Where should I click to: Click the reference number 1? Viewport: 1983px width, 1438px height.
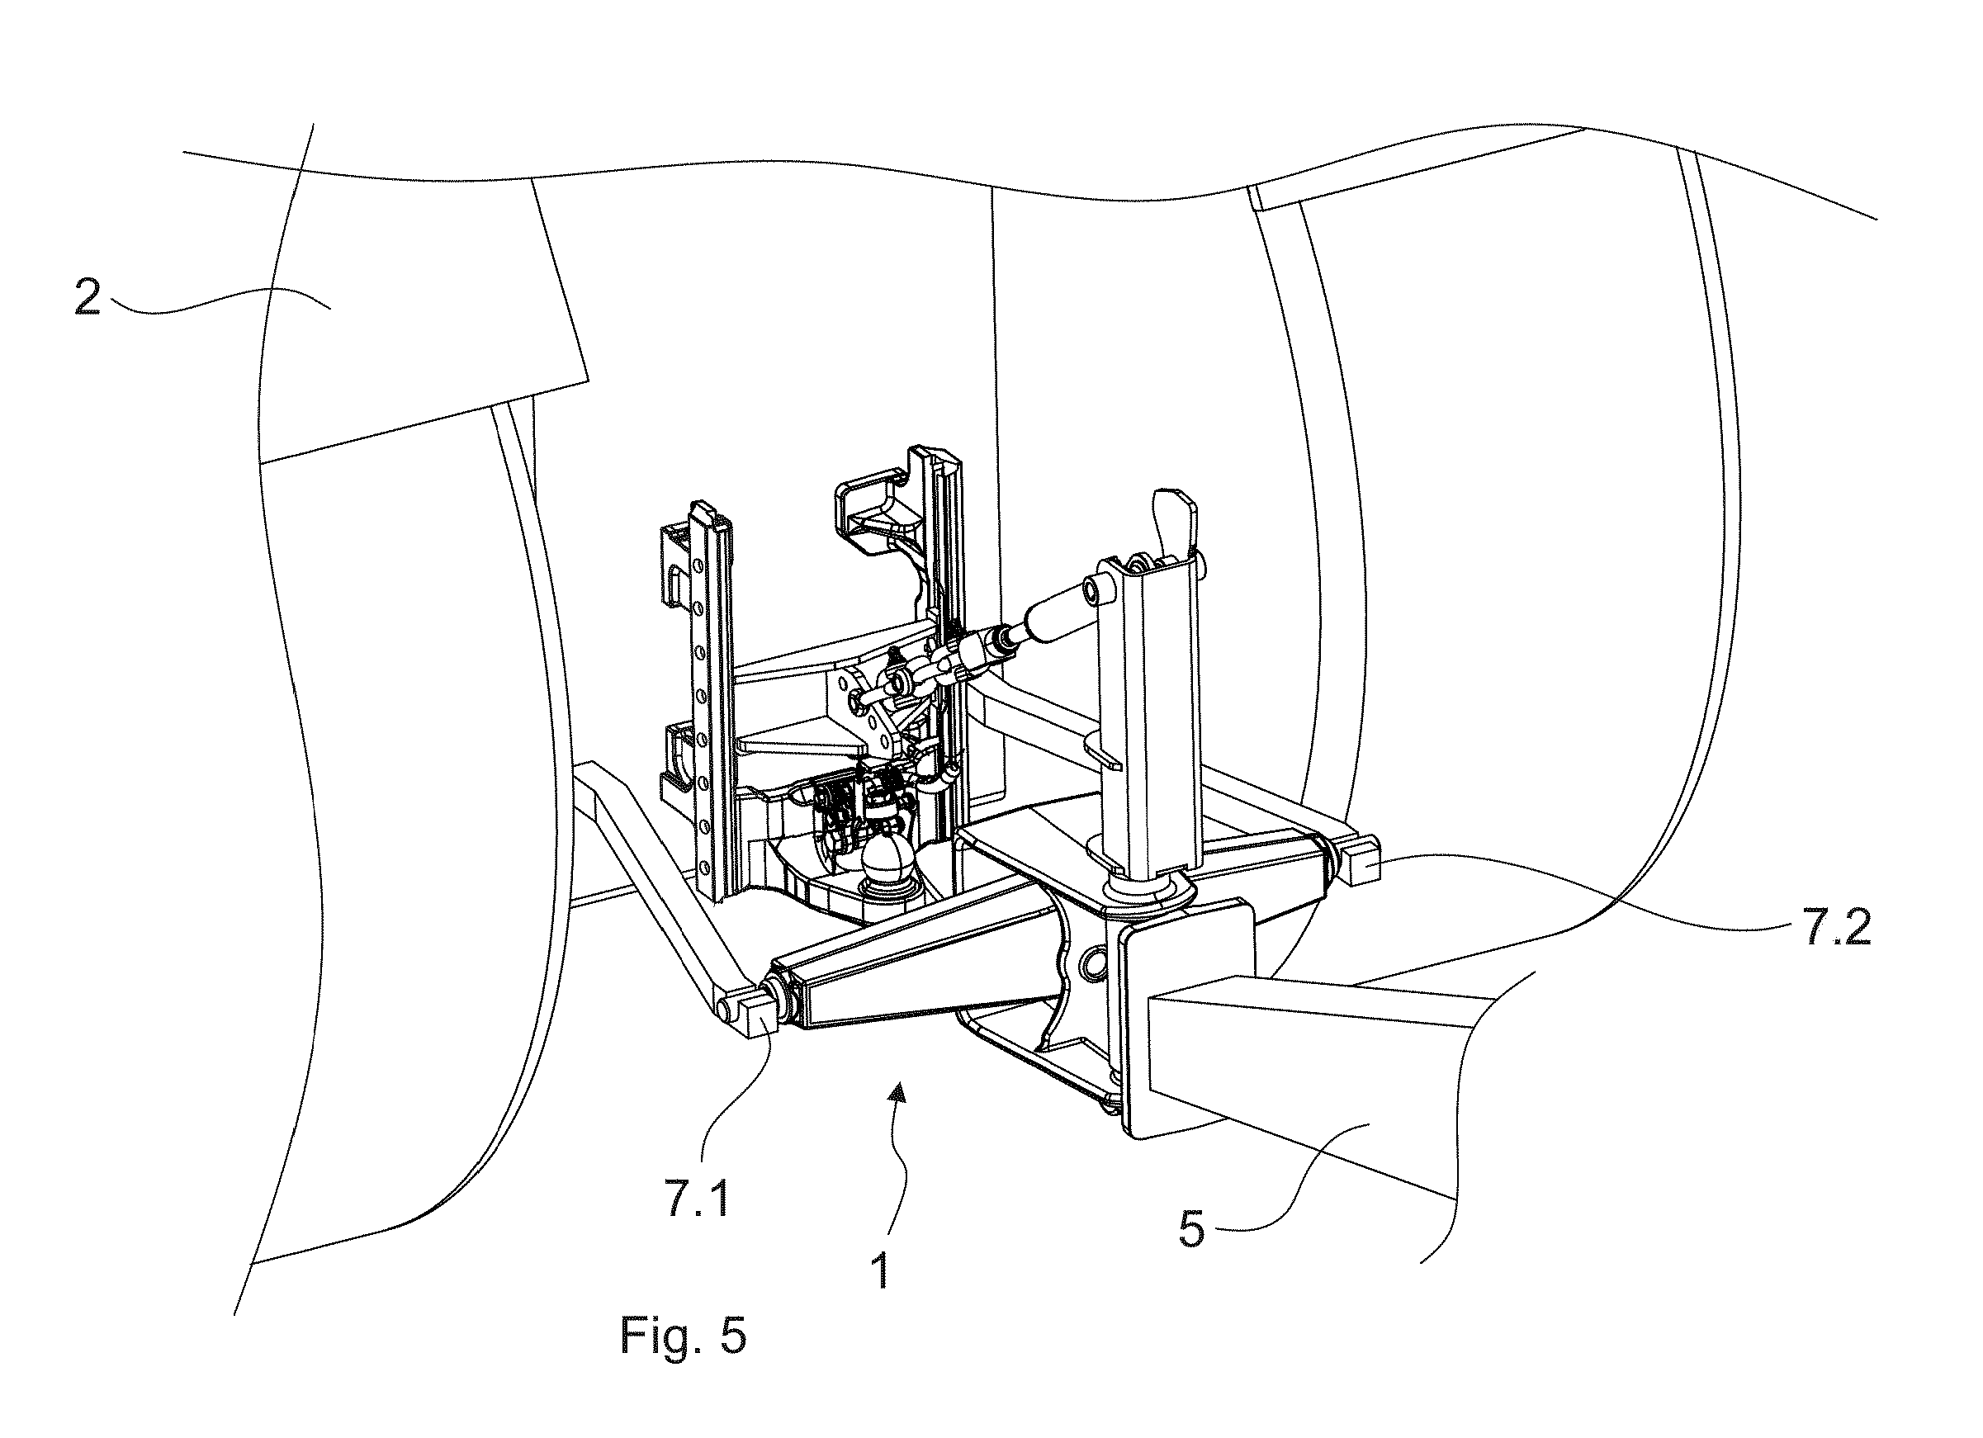click(x=880, y=1271)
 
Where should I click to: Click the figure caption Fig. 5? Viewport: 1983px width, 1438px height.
click(x=684, y=1336)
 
